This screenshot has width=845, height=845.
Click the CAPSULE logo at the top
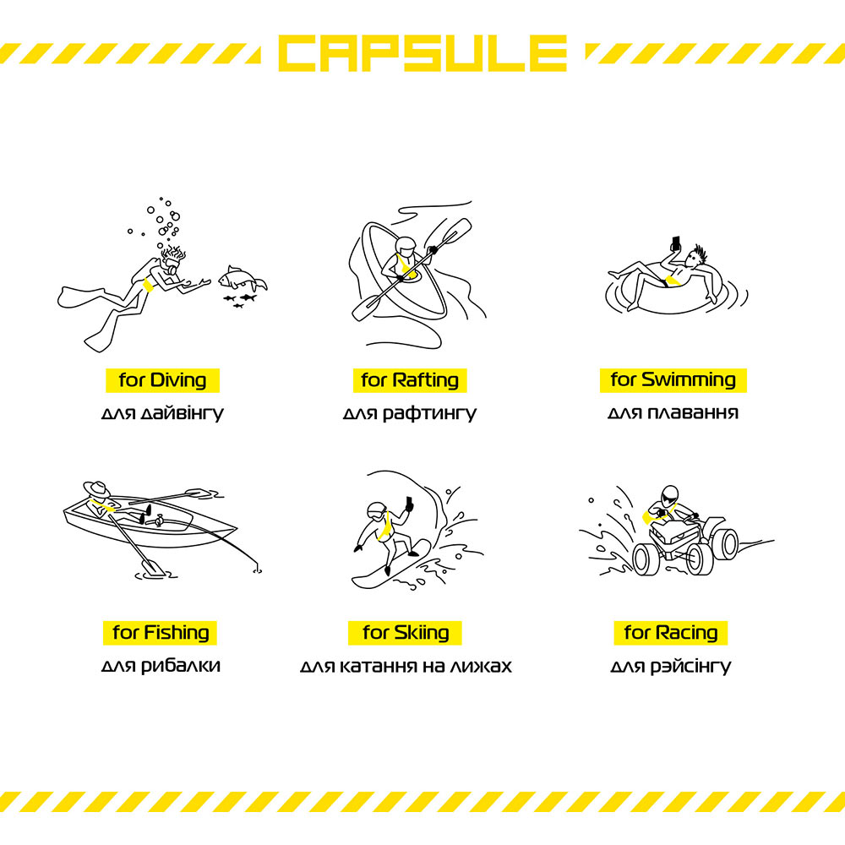[422, 52]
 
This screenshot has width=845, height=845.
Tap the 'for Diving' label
[162, 380]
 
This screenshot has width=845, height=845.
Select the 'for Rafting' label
[410, 380]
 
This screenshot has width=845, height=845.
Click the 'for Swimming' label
[673, 380]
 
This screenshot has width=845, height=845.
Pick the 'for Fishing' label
[160, 633]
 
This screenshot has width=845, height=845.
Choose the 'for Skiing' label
[406, 633]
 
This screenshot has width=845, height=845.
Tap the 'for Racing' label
[671, 633]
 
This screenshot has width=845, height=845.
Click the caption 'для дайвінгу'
[162, 413]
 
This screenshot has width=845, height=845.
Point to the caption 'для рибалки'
[161, 666]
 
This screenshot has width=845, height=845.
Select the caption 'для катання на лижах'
[406, 666]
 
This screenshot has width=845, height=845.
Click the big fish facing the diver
[242, 279]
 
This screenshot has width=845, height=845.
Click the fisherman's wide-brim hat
[97, 489]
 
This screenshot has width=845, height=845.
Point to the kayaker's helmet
[406, 246]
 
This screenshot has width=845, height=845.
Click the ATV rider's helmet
[670, 494]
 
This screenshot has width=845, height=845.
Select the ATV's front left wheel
[646, 559]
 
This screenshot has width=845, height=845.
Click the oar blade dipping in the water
[153, 567]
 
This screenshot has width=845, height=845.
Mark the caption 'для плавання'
[673, 413]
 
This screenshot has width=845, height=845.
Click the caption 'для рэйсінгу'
[671, 666]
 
